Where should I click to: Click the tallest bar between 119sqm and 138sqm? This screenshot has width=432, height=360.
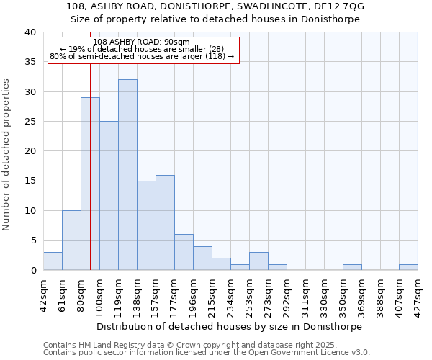(127, 175)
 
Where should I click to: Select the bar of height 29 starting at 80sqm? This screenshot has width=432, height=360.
(90, 184)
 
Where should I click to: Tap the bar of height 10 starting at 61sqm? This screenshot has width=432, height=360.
(71, 240)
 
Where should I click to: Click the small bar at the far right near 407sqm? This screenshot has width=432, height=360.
(408, 267)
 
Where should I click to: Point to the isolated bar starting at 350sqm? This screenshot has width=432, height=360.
(352, 267)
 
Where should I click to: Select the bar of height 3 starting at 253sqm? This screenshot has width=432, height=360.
(258, 261)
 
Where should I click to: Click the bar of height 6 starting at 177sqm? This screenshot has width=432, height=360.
(184, 253)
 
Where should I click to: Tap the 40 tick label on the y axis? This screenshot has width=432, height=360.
(30, 32)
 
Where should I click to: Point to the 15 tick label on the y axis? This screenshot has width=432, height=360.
(30, 181)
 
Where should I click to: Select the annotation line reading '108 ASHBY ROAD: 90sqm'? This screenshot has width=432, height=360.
(142, 42)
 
